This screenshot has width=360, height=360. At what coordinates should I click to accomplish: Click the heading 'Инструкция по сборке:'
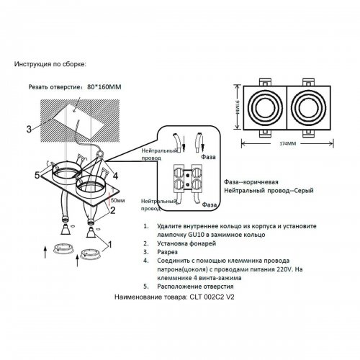(50, 65)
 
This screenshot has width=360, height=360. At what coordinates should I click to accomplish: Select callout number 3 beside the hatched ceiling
(28, 130)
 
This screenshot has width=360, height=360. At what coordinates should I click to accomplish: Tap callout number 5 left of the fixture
(35, 175)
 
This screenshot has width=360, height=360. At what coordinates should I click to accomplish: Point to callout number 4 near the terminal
(114, 175)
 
